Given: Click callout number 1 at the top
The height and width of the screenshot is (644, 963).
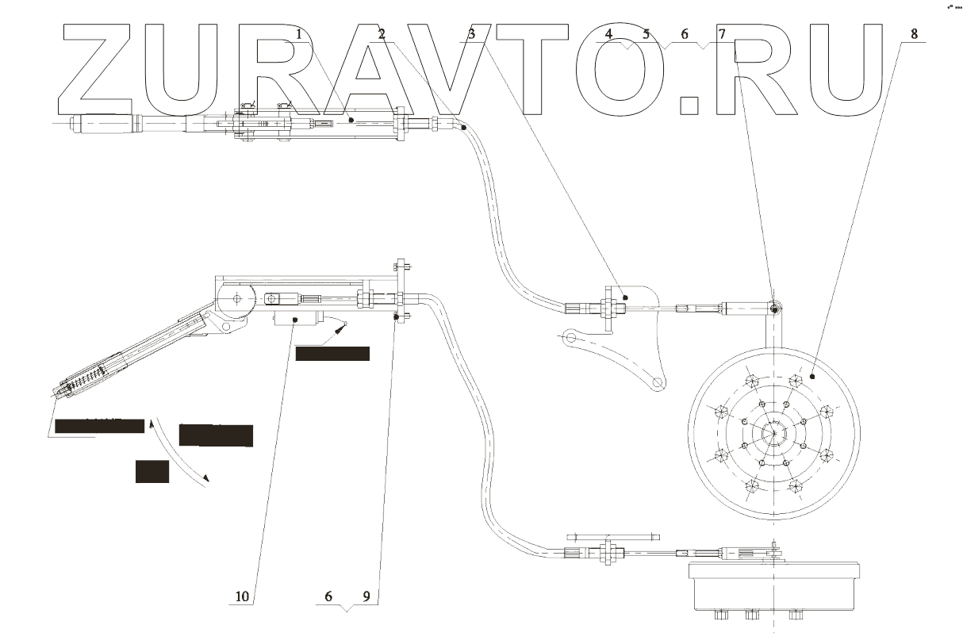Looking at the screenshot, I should (x=299, y=34).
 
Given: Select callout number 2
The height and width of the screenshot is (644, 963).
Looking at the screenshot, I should (x=382, y=34).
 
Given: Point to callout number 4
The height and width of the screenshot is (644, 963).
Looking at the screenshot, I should (x=608, y=34).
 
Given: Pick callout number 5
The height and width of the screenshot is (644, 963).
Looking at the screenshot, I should (x=646, y=34).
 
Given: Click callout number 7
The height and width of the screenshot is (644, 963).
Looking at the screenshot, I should (x=722, y=34).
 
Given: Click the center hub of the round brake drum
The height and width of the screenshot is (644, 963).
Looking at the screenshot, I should (x=773, y=432).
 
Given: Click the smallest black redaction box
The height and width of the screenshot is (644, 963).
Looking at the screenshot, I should (x=152, y=471).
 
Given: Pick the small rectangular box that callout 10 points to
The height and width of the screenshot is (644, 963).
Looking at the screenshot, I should (x=296, y=319).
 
